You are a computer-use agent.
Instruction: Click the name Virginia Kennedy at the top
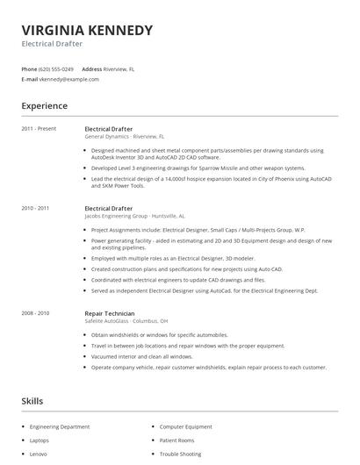(x=87, y=31)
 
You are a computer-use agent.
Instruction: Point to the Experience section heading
(x=44, y=106)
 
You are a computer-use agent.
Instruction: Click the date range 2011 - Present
(x=39, y=129)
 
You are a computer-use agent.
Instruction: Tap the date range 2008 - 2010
(x=36, y=312)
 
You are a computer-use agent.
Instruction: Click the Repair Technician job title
(x=110, y=312)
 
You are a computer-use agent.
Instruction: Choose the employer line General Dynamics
(x=123, y=137)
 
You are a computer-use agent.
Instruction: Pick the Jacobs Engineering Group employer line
(x=134, y=216)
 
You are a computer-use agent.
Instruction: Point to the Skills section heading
(x=32, y=401)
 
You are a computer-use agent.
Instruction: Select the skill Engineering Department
(x=60, y=426)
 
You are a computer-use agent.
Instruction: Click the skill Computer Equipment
(x=186, y=426)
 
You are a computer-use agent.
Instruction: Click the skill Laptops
(x=40, y=440)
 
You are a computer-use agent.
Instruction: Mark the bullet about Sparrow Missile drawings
(x=198, y=168)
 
